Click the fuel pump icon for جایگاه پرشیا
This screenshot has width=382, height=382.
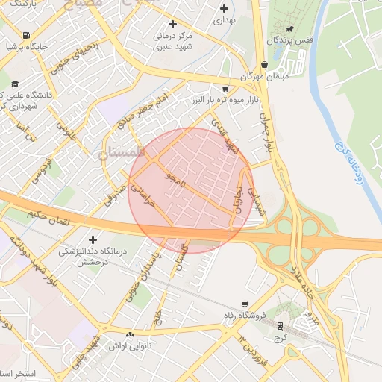[x=27, y=35]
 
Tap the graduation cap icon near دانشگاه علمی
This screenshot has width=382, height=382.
[x=16, y=83]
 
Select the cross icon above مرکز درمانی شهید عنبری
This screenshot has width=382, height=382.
[x=173, y=24]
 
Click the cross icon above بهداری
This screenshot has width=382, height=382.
[x=224, y=8]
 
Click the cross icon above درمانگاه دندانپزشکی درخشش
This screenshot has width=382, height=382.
[x=93, y=239]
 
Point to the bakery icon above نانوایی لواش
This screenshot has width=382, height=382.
[x=131, y=335]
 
